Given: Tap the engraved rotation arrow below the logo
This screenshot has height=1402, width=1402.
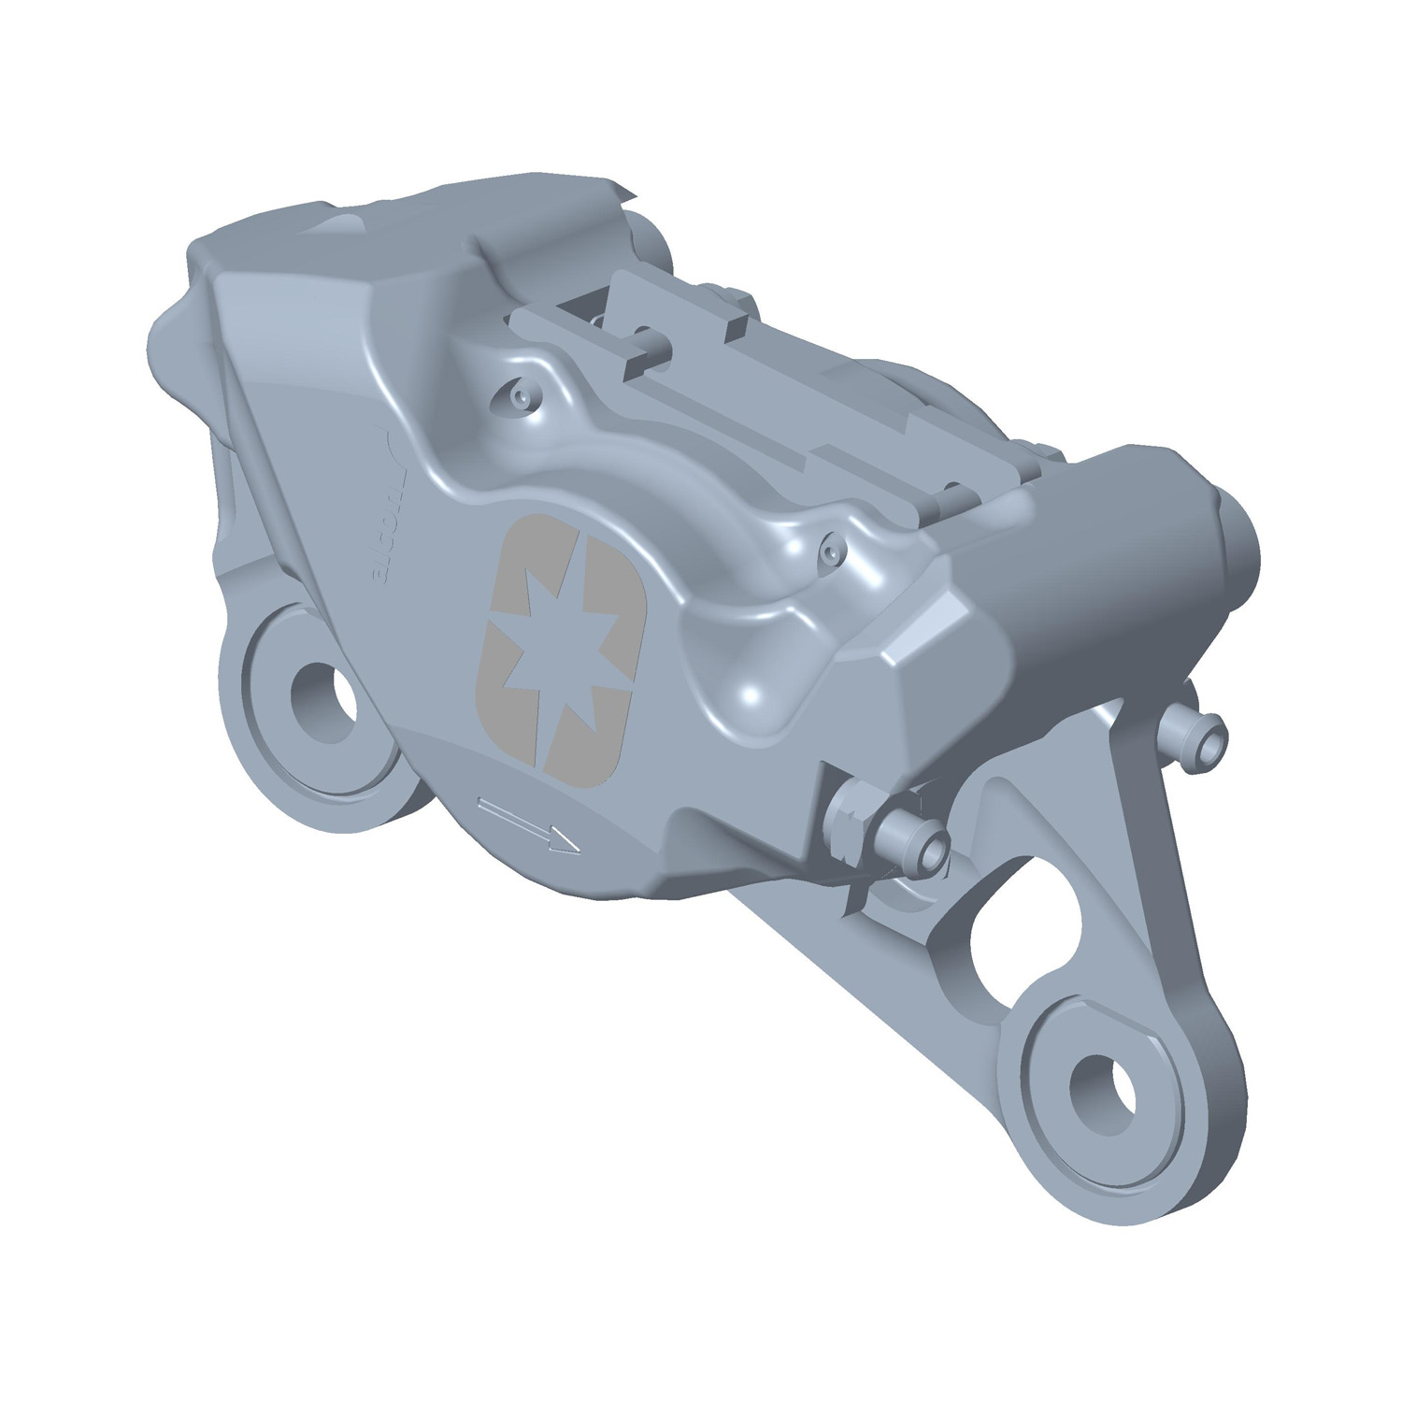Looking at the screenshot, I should pos(528,824).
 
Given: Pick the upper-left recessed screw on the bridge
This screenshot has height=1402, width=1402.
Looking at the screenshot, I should pos(519,397).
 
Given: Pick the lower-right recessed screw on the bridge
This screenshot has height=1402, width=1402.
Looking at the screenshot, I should pos(826,557).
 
